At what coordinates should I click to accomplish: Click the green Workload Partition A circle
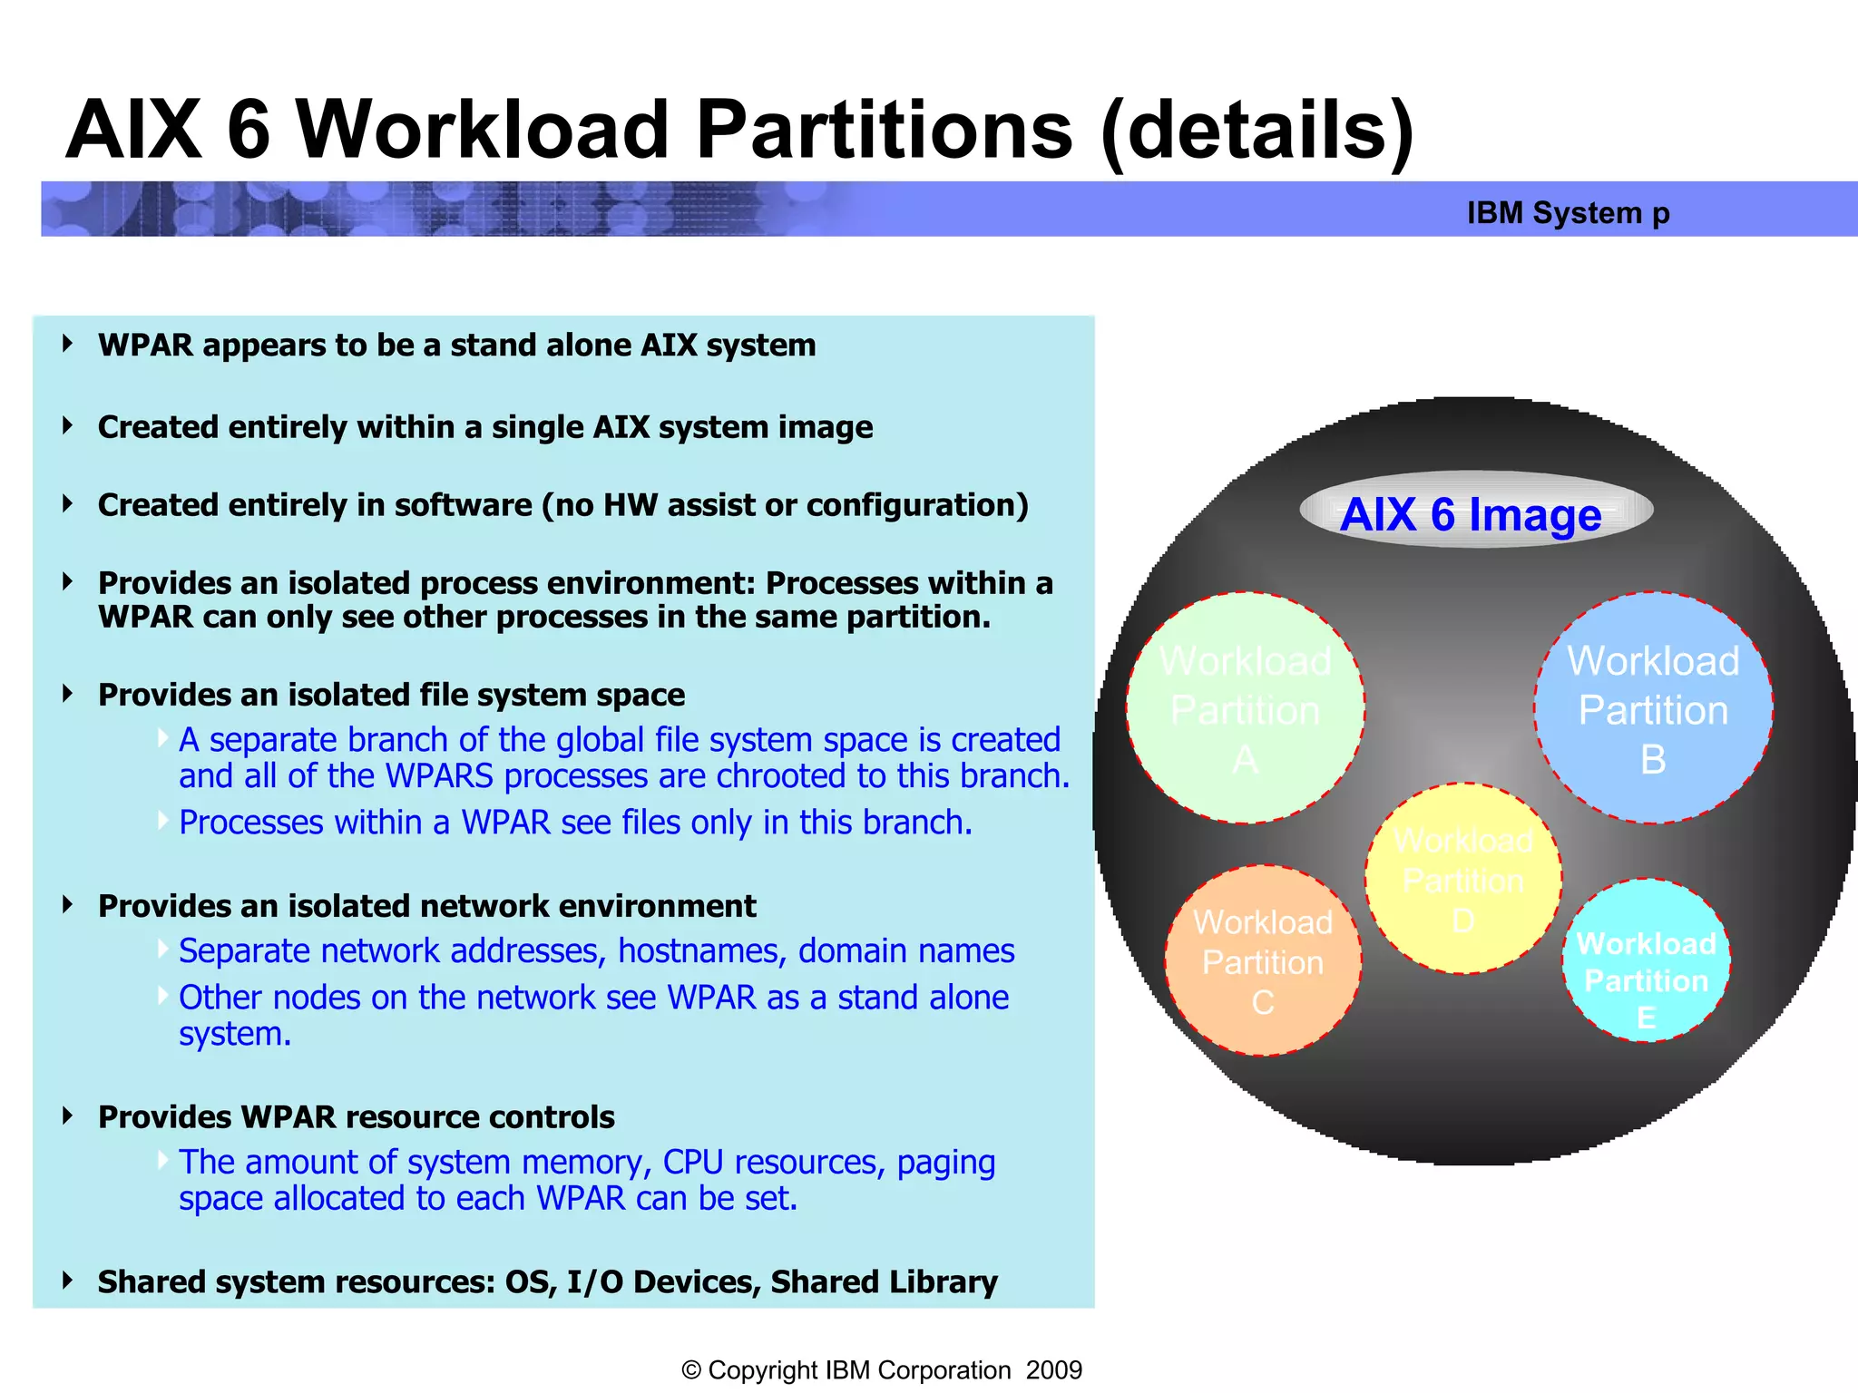click(x=1245, y=708)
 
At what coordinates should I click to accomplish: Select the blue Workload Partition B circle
click(x=1653, y=708)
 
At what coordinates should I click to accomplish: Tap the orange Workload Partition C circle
click(x=1263, y=961)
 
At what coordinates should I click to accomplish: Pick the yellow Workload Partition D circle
click(x=1462, y=879)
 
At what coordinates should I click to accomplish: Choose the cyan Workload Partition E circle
click(x=1646, y=961)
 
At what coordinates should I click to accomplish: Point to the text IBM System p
click(x=1568, y=212)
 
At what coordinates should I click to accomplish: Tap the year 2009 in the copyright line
click(x=1053, y=1369)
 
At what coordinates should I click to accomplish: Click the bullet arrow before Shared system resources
click(x=68, y=1281)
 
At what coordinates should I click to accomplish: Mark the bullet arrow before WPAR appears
click(x=68, y=344)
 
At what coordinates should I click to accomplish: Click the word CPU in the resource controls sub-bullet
click(x=692, y=1162)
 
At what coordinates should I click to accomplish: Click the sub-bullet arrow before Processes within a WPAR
click(x=162, y=821)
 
